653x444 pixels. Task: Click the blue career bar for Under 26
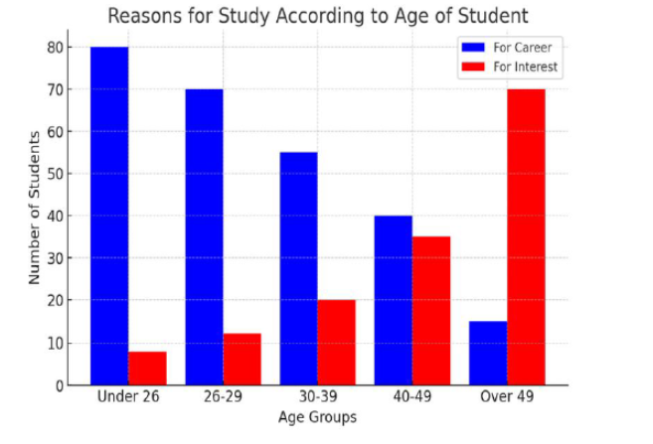coord(109,216)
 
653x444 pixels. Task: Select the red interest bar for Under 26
coord(147,369)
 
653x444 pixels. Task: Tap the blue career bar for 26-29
coord(204,237)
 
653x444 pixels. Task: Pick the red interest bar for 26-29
coord(242,360)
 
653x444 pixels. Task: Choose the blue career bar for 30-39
coord(298,269)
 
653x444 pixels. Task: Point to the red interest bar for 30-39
coord(337,343)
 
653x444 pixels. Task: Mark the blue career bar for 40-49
coord(394,300)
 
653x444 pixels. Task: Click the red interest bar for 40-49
coord(431,311)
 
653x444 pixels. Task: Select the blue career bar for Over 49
coord(488,354)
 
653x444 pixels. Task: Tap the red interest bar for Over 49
coord(526,237)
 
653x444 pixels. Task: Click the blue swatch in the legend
coord(473,48)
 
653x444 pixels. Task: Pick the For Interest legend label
coord(525,67)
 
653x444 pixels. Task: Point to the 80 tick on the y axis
coord(57,48)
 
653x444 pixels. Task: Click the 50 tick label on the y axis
coord(57,174)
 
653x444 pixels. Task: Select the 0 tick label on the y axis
coord(61,386)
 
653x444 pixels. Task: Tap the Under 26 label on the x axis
coord(128,396)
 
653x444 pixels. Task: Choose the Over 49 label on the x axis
coord(507,396)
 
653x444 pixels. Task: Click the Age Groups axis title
coord(317,417)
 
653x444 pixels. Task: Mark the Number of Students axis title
coord(34,208)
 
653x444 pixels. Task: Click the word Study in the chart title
coord(244,16)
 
